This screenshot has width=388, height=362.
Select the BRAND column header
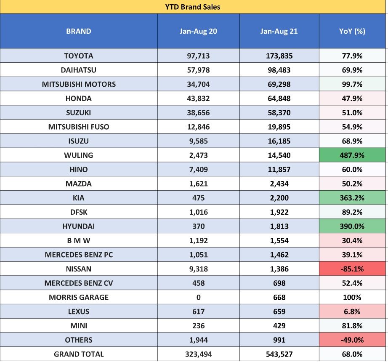click(x=79, y=31)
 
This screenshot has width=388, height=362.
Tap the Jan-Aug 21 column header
click(x=279, y=31)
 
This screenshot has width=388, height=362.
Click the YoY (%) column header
click(x=352, y=31)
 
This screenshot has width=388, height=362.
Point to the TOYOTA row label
click(x=79, y=56)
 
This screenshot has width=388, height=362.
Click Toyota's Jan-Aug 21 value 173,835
click(x=279, y=56)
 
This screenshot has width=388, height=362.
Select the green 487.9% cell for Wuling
click(x=352, y=155)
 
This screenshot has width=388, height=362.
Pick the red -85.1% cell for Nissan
click(x=352, y=269)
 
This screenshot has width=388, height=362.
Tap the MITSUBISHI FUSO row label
click(x=79, y=127)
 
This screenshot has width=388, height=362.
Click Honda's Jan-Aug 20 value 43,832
click(x=198, y=98)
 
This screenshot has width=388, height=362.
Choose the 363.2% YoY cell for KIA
click(x=352, y=198)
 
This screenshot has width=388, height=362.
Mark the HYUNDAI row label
click(x=79, y=226)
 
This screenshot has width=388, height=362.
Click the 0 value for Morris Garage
click(x=198, y=297)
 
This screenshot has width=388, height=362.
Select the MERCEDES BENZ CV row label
click(x=79, y=283)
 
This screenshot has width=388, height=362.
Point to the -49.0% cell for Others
click(x=352, y=340)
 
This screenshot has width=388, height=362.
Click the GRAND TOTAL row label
click(x=79, y=354)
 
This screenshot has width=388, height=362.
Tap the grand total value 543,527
click(x=279, y=354)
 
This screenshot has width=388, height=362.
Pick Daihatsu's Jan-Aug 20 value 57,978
click(x=198, y=70)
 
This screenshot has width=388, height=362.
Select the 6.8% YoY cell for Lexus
click(x=352, y=311)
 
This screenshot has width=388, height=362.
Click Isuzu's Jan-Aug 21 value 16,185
click(x=279, y=141)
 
